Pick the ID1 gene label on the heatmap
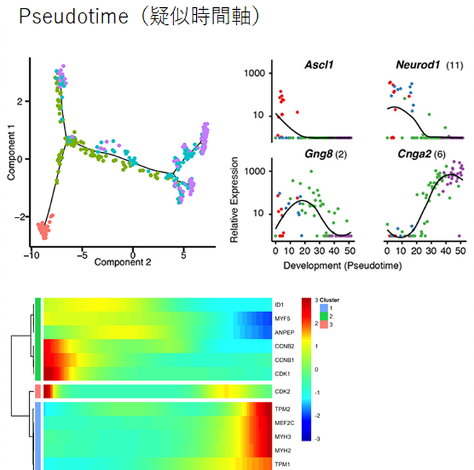279,305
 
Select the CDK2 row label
281,392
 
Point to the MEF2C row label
282,422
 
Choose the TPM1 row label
281,464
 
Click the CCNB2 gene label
282,346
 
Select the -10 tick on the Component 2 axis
30,252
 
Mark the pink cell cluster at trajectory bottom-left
43,230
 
